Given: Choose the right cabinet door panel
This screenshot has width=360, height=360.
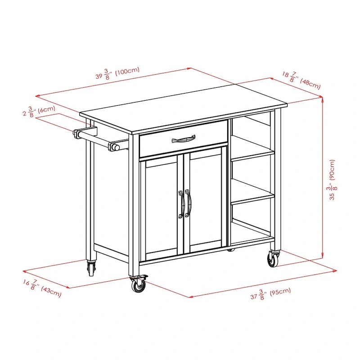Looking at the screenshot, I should click(206, 202).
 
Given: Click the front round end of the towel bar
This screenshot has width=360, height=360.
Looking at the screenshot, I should click(114, 147).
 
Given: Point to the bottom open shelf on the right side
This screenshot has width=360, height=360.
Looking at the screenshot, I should click(252, 234).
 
